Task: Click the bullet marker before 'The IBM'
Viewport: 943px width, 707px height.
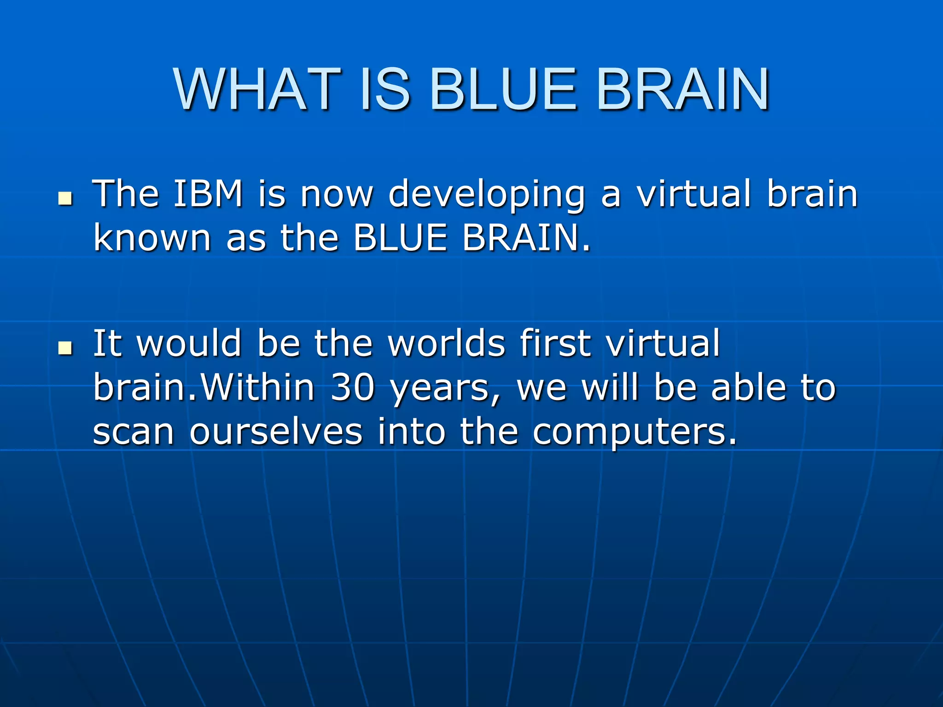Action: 66,199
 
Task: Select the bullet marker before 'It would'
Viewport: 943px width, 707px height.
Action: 66,348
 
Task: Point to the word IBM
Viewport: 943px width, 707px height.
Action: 208,194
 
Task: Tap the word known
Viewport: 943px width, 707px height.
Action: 152,238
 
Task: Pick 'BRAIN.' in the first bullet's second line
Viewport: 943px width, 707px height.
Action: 526,238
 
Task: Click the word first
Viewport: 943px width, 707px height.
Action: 556,343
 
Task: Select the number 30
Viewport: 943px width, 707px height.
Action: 353,388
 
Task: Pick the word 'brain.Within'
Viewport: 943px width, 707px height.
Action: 204,388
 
